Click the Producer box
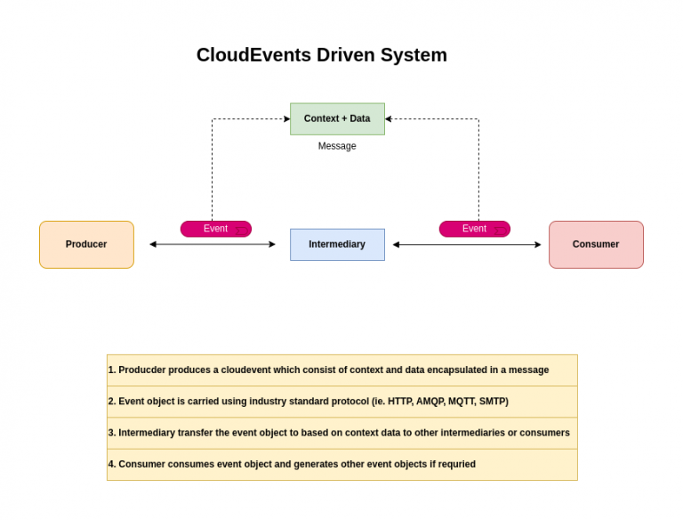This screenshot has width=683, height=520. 86,245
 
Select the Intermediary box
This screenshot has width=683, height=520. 337,245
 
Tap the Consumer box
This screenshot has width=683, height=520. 596,245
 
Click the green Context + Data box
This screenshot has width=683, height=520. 337,118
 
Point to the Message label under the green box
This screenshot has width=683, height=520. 337,146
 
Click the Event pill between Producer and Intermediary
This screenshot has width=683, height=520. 216,229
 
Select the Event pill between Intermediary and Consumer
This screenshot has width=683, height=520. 475,229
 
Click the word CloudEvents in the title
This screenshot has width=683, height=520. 253,55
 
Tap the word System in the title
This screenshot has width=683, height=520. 414,55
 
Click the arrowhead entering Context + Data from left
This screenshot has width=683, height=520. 286,118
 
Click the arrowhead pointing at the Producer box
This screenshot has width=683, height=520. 153,244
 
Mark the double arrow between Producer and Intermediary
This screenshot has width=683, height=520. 213,244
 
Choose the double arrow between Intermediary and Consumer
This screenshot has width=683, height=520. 467,244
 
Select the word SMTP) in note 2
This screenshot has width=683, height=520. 494,402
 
